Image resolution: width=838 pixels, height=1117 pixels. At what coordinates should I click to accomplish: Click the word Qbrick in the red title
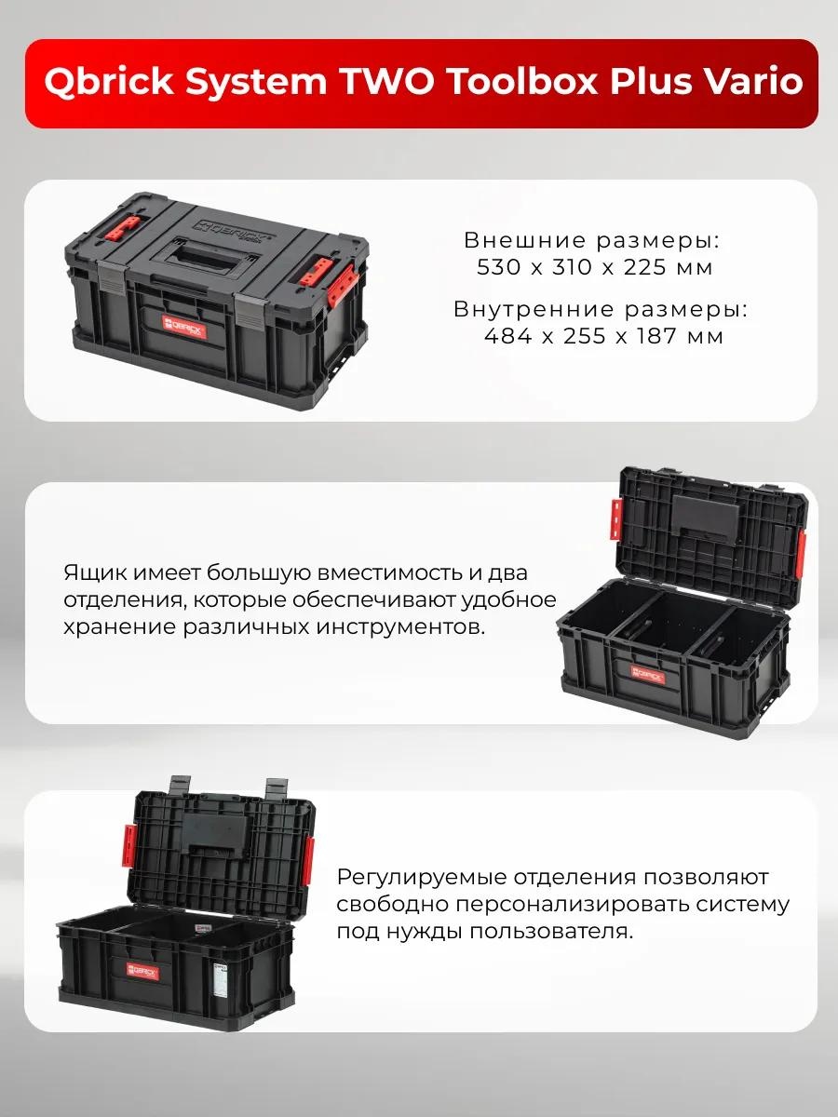tap(109, 81)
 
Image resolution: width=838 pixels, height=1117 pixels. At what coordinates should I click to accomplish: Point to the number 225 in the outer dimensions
tap(645, 267)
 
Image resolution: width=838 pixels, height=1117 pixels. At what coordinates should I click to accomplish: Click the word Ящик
tap(96, 573)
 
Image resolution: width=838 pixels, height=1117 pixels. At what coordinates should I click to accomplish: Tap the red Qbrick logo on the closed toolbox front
tap(184, 326)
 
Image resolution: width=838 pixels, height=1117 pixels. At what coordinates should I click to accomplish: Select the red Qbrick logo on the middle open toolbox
tap(648, 675)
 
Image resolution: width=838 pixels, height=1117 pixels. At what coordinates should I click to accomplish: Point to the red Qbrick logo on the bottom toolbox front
tap(143, 988)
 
